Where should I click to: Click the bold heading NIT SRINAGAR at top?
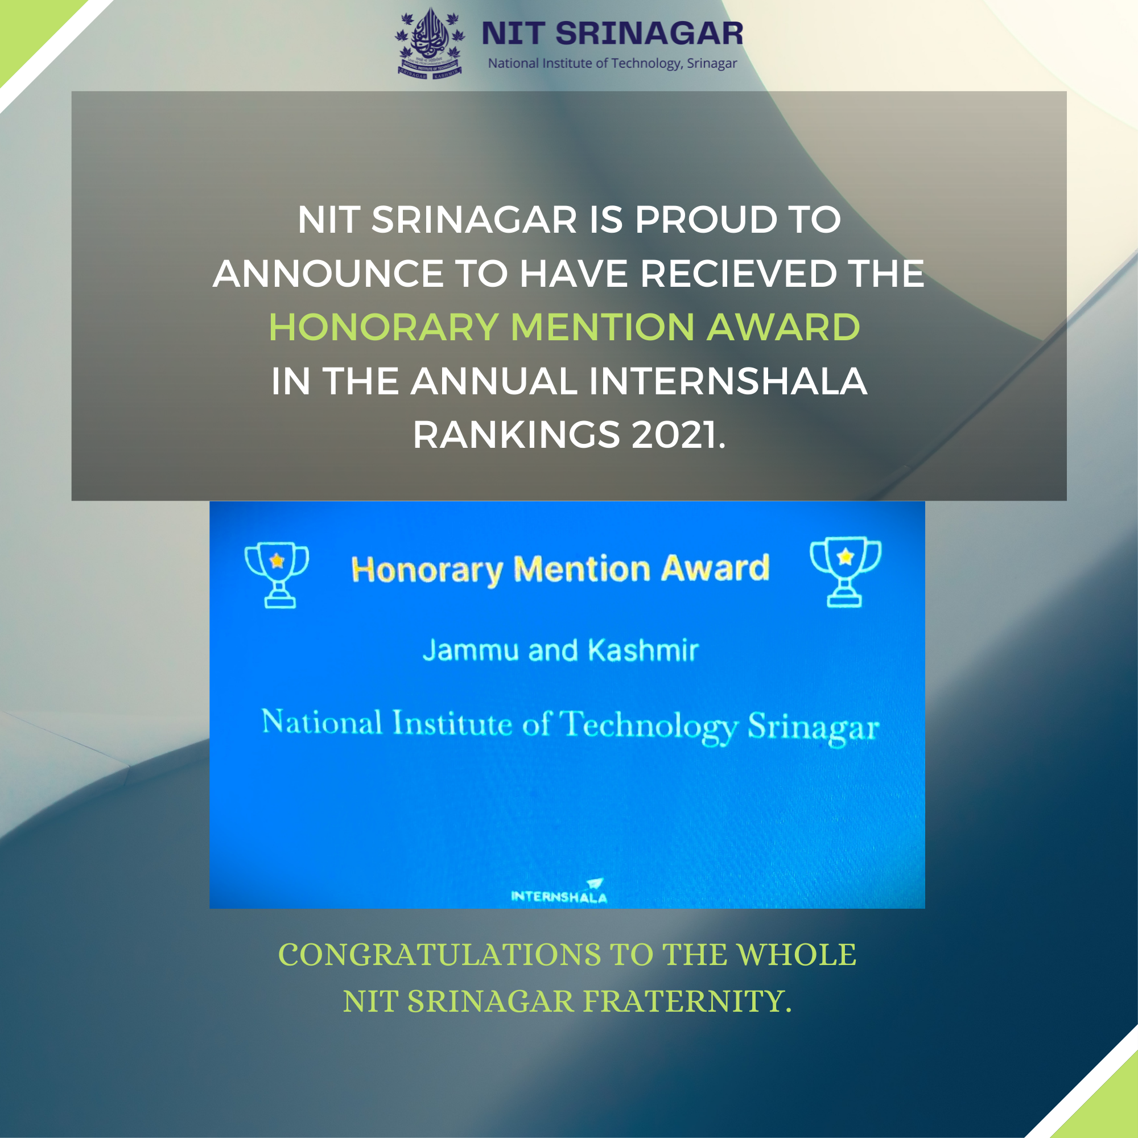coord(613,33)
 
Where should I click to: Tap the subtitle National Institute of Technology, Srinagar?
coord(613,63)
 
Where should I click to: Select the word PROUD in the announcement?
coord(705,220)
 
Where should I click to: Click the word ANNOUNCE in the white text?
coord(328,274)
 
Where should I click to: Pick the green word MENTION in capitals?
coord(603,328)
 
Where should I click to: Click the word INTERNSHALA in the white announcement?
coord(728,381)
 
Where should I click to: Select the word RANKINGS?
coord(517,435)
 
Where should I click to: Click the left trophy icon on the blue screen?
coord(277,574)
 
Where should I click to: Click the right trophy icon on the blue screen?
coord(846,571)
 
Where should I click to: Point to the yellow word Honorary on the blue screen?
coord(427,570)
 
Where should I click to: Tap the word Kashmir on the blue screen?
coord(643,651)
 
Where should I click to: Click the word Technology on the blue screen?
coord(648,725)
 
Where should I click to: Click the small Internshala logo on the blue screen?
coord(559,892)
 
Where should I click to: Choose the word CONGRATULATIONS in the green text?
coord(439,955)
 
